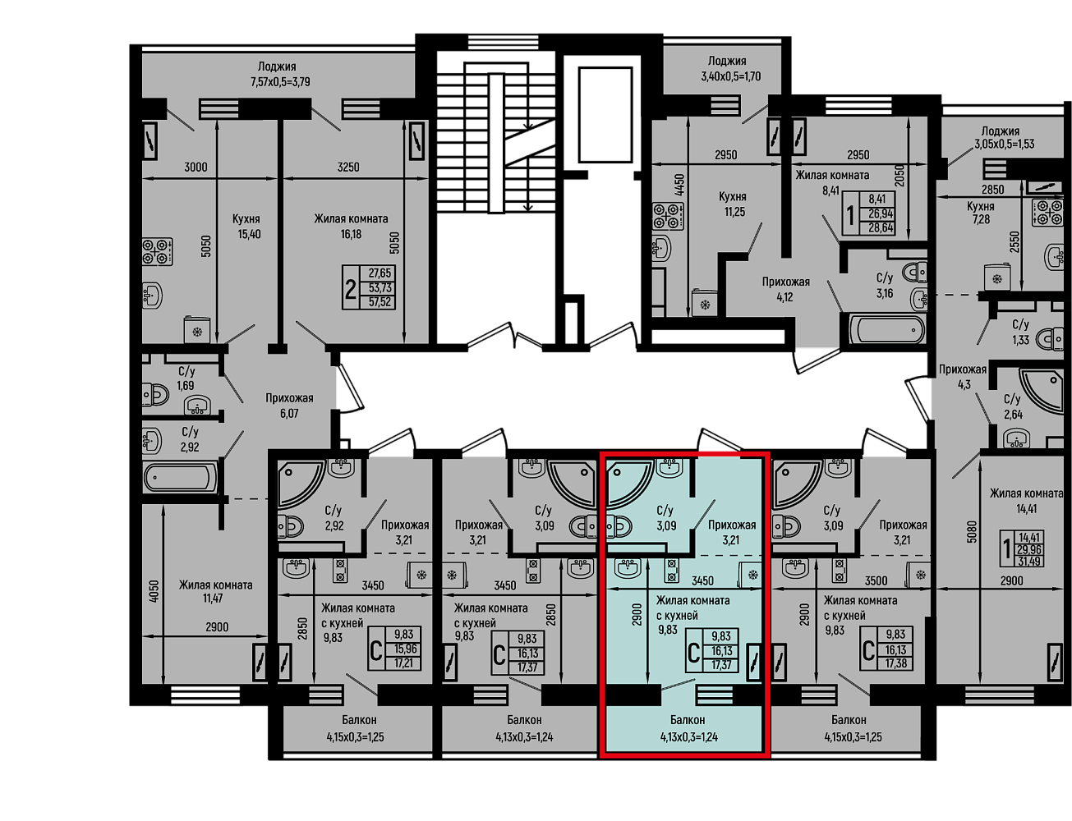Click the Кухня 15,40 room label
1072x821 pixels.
(x=249, y=227)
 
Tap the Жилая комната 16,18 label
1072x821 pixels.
(x=351, y=227)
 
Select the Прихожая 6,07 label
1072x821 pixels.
(x=289, y=406)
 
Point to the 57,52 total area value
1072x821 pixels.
(x=380, y=302)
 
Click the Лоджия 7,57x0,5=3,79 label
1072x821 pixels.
(x=280, y=74)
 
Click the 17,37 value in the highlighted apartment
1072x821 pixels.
(x=721, y=665)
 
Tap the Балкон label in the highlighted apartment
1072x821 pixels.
(x=688, y=719)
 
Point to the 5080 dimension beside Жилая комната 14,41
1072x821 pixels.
(x=971, y=532)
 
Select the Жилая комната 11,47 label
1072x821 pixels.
(x=215, y=592)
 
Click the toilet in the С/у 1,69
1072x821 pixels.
(x=155, y=394)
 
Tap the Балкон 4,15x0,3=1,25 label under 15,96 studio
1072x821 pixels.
(x=355, y=728)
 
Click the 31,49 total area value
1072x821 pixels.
(x=1028, y=561)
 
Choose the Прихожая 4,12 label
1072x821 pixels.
(x=785, y=290)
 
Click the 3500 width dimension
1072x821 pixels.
(x=876, y=581)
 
